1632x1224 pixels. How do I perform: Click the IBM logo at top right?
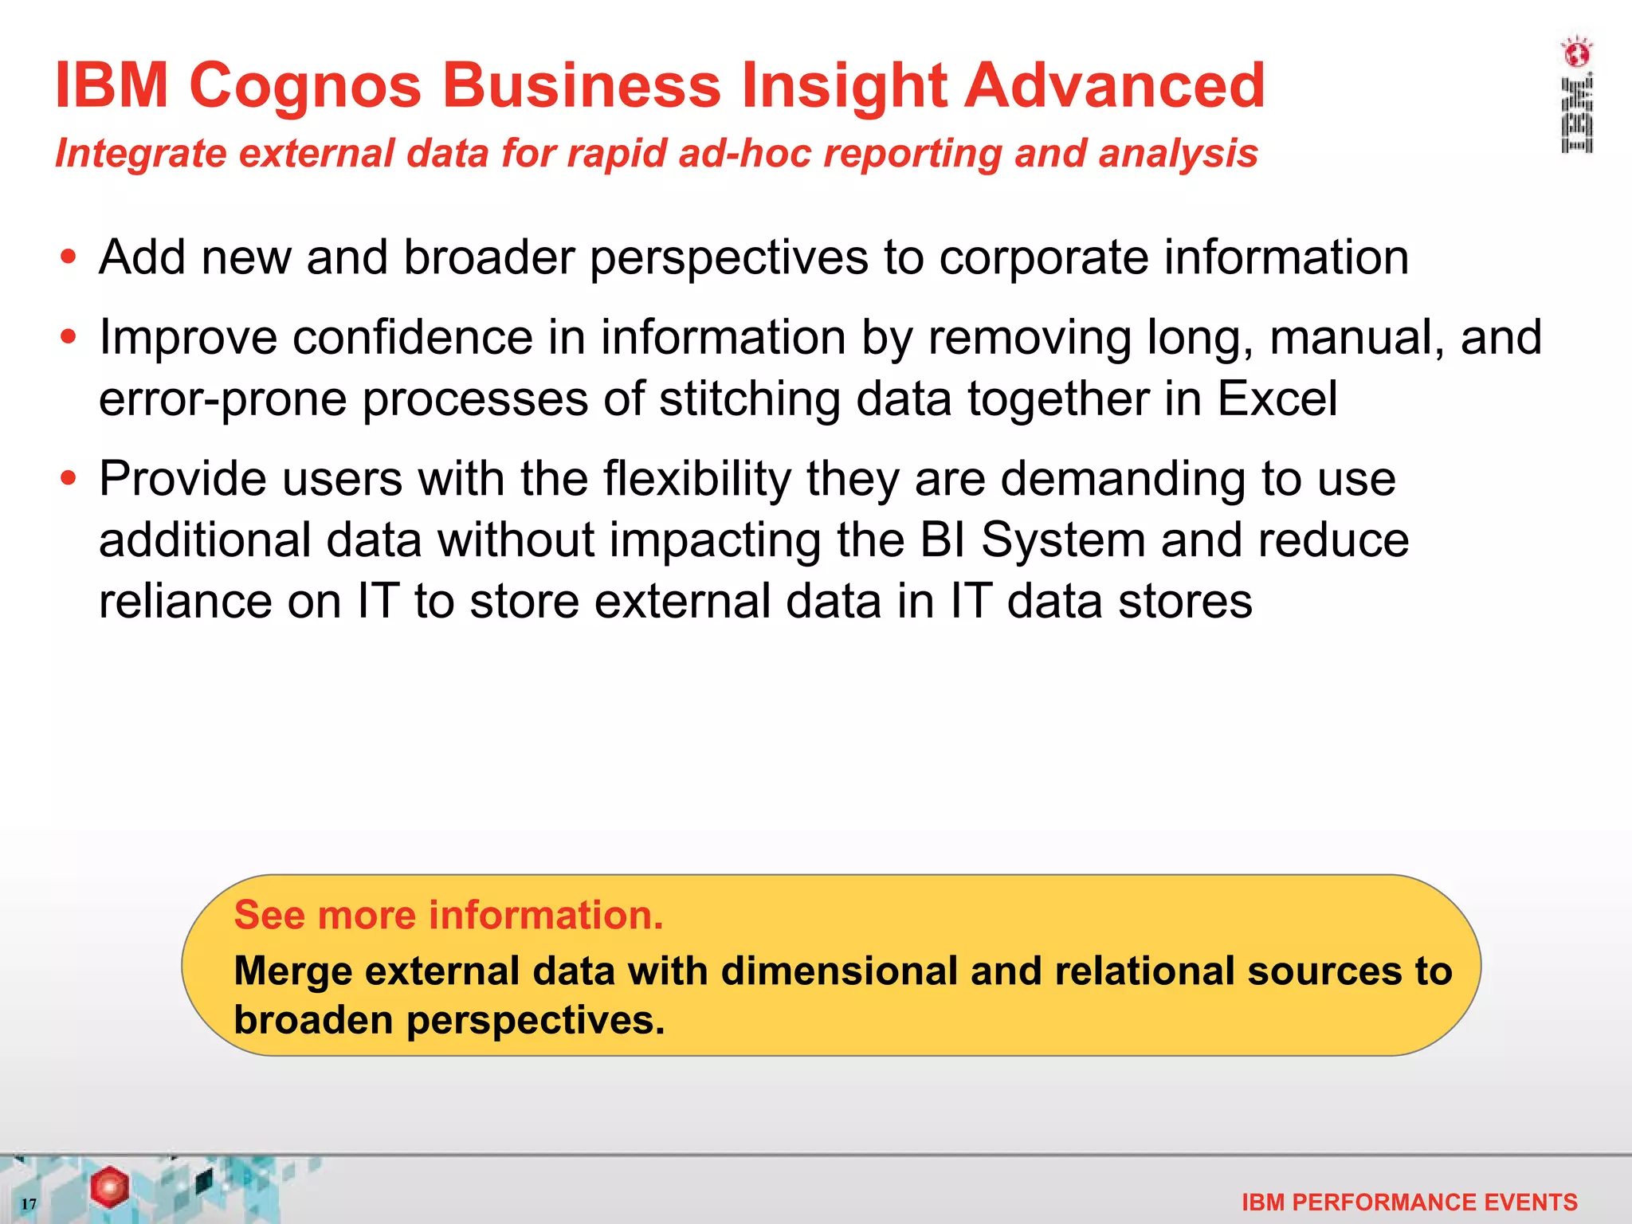[x=1576, y=96]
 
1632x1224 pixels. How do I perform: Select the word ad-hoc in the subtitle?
[x=744, y=153]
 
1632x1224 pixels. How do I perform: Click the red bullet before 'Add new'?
[x=69, y=257]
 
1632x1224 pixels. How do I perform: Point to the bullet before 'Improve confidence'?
[x=69, y=337]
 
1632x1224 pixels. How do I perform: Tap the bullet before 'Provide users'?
[x=69, y=478]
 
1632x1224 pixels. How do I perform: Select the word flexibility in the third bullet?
[x=697, y=479]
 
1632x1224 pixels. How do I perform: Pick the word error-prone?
[x=222, y=398]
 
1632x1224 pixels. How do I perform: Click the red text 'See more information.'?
[x=449, y=915]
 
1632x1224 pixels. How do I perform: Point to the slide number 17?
[x=29, y=1203]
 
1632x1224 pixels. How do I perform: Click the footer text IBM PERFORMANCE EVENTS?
[x=1409, y=1202]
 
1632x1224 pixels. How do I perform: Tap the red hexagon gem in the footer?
[x=109, y=1187]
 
